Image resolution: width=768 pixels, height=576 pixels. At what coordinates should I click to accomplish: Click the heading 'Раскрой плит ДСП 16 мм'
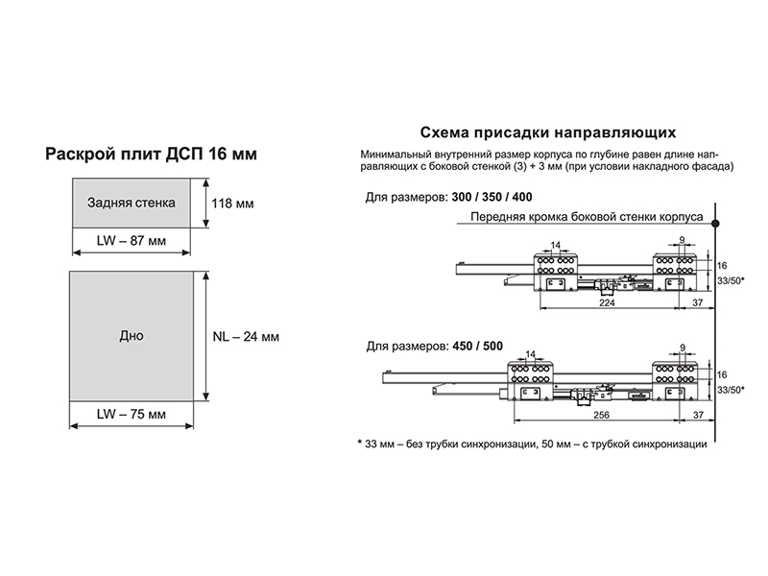click(151, 154)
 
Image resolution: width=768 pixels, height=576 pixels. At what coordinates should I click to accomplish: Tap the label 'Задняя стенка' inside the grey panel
click(132, 203)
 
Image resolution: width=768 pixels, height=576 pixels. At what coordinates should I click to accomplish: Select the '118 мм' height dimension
click(232, 204)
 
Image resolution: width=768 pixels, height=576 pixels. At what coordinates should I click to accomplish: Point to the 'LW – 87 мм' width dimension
click(132, 241)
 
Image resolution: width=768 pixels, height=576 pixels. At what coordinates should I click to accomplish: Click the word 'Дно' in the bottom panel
click(132, 336)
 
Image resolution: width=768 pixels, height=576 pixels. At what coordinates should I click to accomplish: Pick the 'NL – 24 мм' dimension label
click(246, 337)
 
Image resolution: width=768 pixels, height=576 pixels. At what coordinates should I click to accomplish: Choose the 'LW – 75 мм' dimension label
click(132, 415)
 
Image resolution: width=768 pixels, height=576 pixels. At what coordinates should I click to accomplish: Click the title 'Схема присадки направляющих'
click(548, 132)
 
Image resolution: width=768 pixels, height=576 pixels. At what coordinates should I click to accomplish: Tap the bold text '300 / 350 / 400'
click(492, 197)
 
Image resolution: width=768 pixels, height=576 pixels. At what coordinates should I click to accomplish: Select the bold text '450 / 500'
click(477, 347)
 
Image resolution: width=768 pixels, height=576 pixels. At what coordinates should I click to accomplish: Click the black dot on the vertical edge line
click(715, 224)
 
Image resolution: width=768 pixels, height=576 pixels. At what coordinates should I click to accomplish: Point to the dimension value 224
click(607, 302)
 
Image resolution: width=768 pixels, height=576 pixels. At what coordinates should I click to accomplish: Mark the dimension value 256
click(602, 415)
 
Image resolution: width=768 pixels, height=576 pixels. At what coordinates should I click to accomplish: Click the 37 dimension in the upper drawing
click(698, 302)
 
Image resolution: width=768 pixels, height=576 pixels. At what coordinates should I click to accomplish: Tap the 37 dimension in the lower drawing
click(698, 415)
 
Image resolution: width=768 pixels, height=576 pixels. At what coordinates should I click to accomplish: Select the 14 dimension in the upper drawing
click(555, 245)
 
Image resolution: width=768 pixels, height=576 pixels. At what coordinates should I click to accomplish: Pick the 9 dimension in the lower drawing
click(683, 348)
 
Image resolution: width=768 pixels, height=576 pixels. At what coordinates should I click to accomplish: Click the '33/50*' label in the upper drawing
click(731, 280)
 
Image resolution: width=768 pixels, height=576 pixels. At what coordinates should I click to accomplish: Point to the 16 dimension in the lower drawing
click(722, 375)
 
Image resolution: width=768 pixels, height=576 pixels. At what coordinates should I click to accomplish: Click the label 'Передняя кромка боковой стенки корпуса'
click(587, 217)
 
